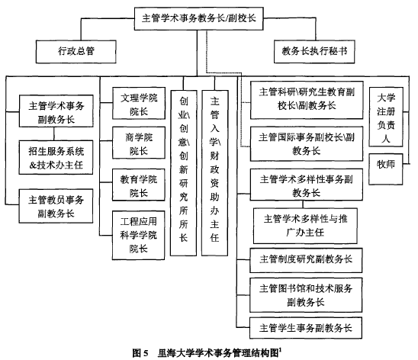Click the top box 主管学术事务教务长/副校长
coord(198,18)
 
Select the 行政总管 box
coord(76,52)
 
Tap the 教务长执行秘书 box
coord(314,52)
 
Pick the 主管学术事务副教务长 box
coord(56,111)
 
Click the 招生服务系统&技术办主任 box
coord(56,157)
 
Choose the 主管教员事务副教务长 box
coord(56,206)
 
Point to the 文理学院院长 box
coord(139,103)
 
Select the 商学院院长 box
coord(139,143)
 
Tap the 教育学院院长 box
coord(139,185)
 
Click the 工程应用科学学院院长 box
coord(138,235)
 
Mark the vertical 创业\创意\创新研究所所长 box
coord(183,173)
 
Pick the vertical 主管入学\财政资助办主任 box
coord(214,173)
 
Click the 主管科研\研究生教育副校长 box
coord(307,100)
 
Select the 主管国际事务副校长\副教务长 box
coord(307,144)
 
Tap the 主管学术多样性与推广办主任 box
coord(305,226)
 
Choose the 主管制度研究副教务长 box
coord(306,260)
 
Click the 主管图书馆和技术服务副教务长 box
coord(306,295)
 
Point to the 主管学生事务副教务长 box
coord(306,328)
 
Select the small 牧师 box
coord(386,169)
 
